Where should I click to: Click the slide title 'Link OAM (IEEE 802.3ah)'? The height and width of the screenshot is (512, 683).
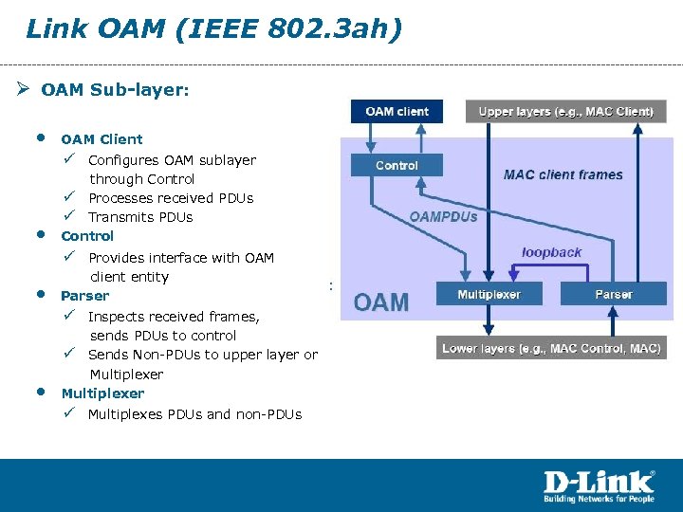click(214, 28)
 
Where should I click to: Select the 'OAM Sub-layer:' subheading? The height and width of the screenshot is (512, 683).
click(116, 90)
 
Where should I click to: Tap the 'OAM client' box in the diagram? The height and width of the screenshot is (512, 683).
click(397, 112)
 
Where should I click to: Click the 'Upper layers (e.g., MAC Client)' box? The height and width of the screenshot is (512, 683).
click(565, 112)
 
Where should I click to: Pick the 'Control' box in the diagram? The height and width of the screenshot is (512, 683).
click(397, 166)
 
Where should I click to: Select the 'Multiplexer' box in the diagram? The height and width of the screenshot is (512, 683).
click(489, 295)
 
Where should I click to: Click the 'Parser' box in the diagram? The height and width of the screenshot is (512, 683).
click(614, 295)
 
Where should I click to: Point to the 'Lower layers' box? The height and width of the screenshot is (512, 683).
click(551, 349)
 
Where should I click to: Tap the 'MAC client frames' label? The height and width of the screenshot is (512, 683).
click(563, 174)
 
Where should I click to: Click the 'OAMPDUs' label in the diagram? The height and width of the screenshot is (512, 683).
click(444, 216)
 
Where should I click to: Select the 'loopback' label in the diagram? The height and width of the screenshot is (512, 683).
click(551, 252)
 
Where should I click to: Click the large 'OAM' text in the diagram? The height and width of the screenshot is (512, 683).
click(381, 302)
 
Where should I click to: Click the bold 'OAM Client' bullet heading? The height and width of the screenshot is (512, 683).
click(102, 139)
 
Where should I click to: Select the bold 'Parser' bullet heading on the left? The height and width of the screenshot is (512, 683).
click(84, 296)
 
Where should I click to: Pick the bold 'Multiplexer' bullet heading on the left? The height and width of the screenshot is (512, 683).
click(102, 393)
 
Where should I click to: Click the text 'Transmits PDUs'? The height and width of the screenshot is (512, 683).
click(140, 217)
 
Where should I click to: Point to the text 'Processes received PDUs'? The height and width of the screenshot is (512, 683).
click(171, 198)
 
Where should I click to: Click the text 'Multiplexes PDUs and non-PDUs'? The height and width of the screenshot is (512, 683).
click(194, 414)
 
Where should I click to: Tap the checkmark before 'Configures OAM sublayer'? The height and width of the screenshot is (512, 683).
click(70, 159)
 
